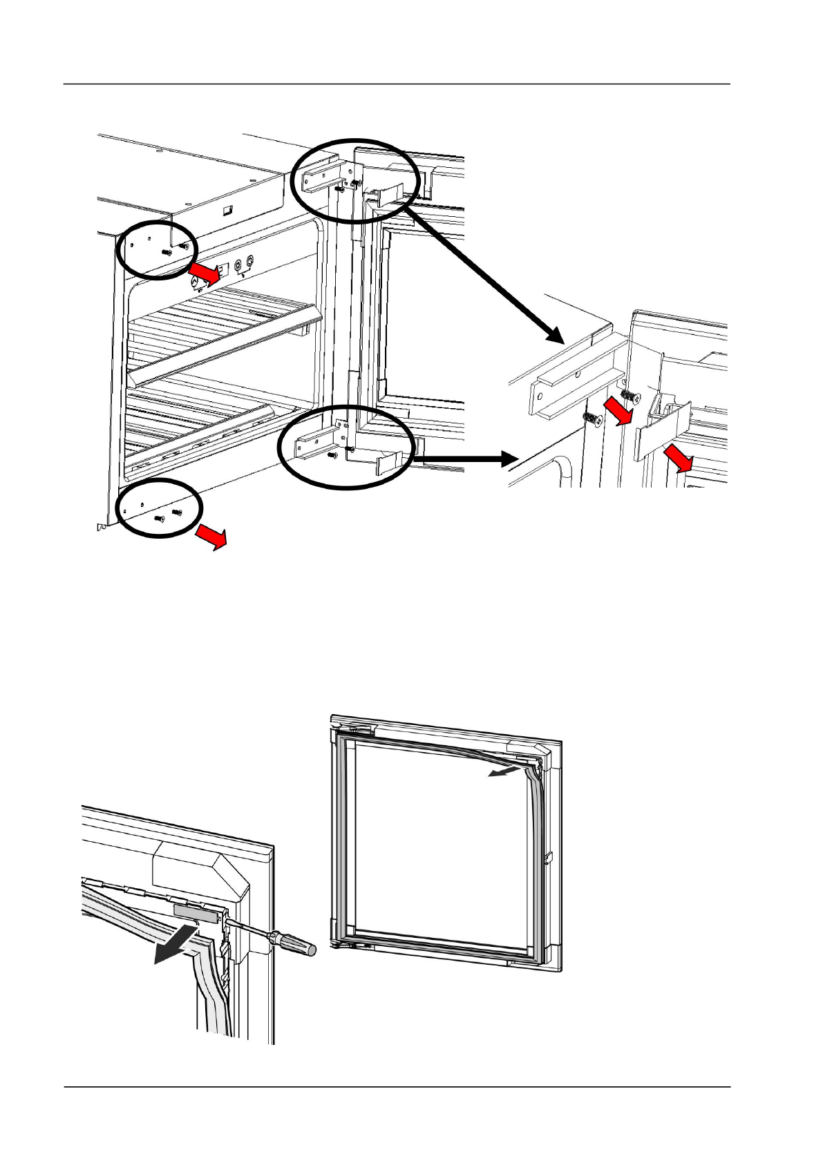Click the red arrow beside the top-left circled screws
[x=206, y=273]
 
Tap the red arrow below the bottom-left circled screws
[x=211, y=535]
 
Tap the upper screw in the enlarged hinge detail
[x=630, y=394]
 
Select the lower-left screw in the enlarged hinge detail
[x=592, y=419]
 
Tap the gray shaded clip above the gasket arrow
[x=196, y=912]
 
